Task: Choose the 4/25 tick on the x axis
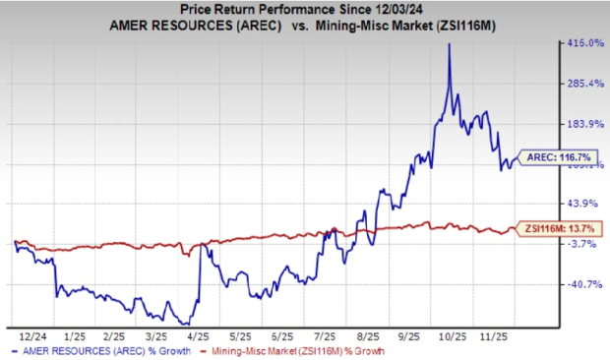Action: click(192, 334)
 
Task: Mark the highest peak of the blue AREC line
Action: click(450, 44)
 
